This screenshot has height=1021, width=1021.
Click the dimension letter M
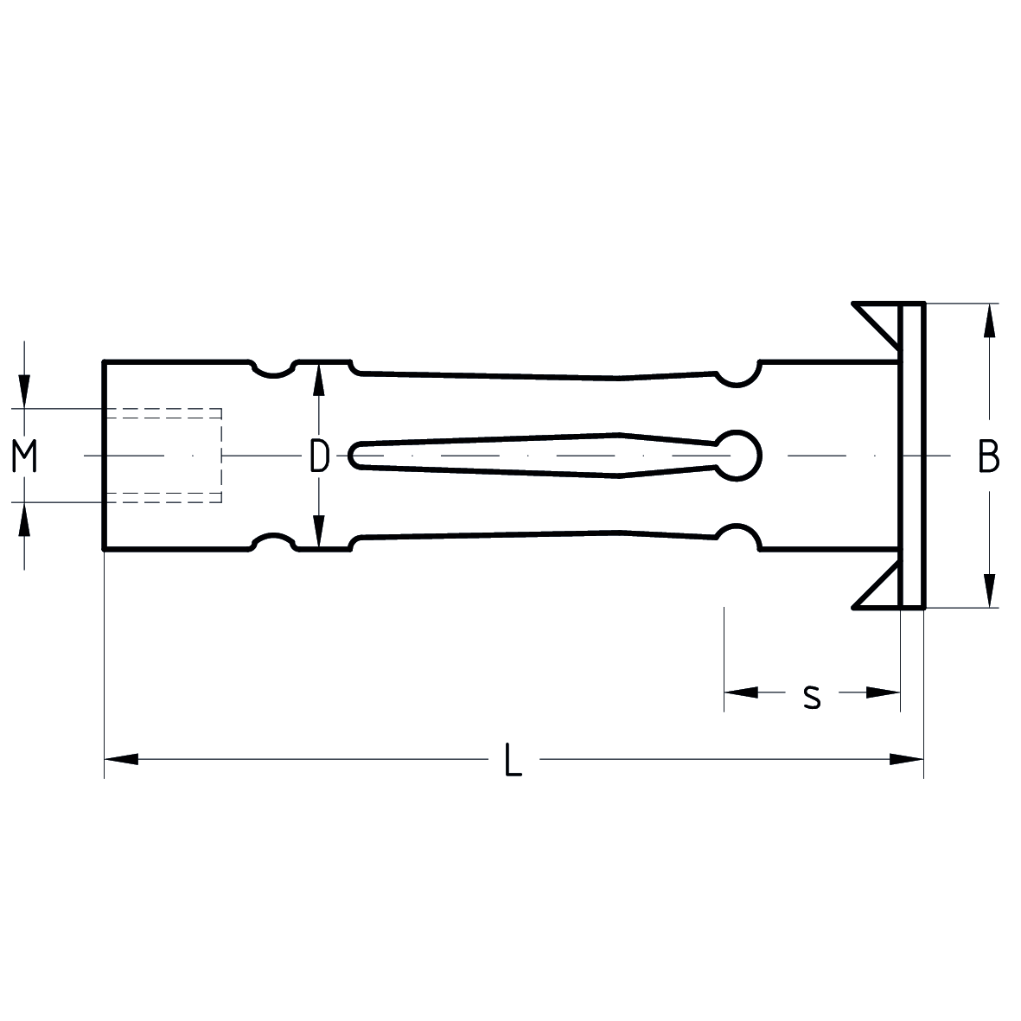point(25,456)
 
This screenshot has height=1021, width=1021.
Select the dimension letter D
point(319,456)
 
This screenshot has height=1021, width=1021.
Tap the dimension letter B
point(988,456)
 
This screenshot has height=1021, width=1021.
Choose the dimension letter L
point(514,760)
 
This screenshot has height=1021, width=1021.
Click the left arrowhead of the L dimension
point(121,760)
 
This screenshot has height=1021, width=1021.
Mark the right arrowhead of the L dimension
point(907,760)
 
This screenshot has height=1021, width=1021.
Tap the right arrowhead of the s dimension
point(883,692)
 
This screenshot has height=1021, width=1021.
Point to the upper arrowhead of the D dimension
point(319,380)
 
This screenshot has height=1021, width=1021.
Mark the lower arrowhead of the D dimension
point(319,531)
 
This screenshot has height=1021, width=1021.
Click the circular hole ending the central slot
point(739,454)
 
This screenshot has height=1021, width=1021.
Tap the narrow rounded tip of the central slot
point(356,455)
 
